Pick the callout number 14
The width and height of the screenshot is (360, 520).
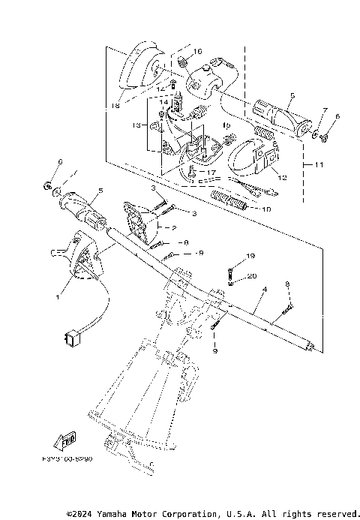point(165,102)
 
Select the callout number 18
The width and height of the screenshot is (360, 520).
point(115,107)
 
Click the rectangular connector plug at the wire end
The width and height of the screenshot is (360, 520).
point(71,339)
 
